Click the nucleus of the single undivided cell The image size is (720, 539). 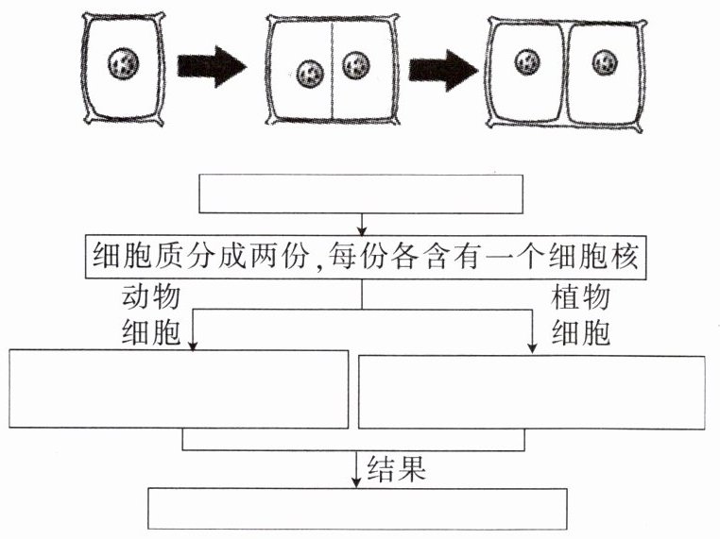point(124,65)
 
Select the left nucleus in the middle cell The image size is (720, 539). point(310,73)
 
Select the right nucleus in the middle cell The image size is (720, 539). point(355,66)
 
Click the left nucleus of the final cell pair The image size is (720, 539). point(527,63)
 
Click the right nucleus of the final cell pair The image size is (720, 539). point(605,63)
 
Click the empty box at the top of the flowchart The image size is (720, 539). point(360,194)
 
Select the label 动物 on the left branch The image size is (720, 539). point(151,298)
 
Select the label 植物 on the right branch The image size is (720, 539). point(580,298)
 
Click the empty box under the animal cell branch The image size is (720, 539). point(179,390)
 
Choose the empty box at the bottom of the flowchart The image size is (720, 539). point(358,508)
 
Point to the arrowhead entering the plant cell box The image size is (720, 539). point(533,349)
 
